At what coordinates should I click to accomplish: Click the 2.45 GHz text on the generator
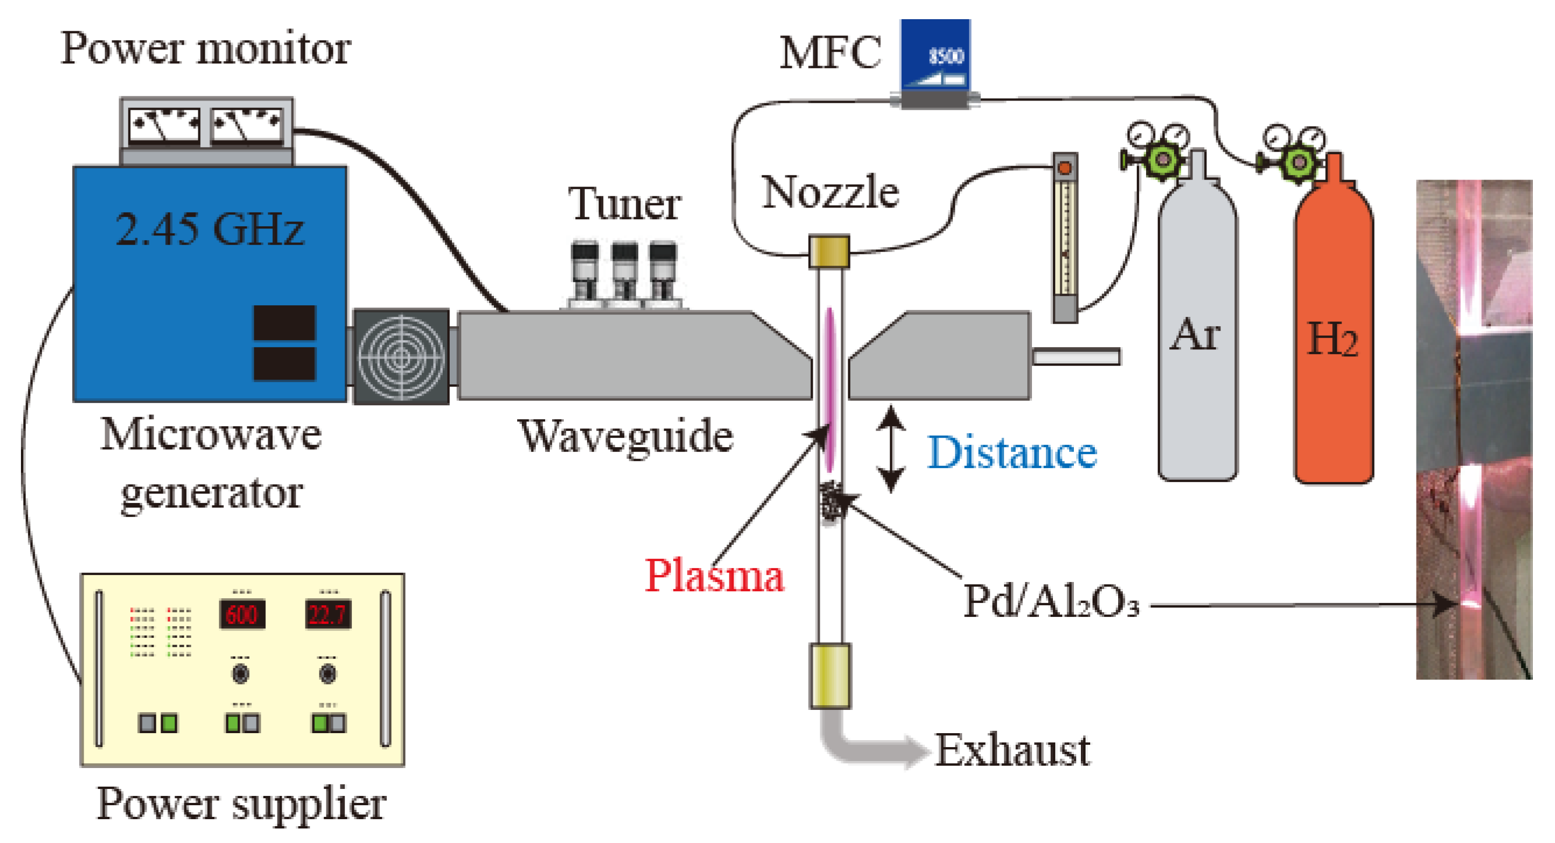pyautogui.click(x=209, y=230)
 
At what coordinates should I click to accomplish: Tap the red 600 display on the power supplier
pyautogui.click(x=241, y=615)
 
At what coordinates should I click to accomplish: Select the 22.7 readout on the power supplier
pyautogui.click(x=328, y=615)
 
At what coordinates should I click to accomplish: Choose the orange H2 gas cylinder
pyautogui.click(x=1333, y=338)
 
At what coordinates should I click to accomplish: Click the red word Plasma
pyautogui.click(x=714, y=576)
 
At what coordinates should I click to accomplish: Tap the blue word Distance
pyautogui.click(x=1012, y=452)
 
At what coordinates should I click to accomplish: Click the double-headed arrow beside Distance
pyautogui.click(x=891, y=448)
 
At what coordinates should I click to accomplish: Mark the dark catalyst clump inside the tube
pyautogui.click(x=831, y=501)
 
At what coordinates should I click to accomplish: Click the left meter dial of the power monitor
pyautogui.click(x=164, y=126)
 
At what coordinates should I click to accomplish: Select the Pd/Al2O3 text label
pyautogui.click(x=1051, y=602)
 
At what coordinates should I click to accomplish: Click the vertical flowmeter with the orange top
pyautogui.click(x=1065, y=238)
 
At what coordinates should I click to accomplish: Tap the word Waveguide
pyautogui.click(x=625, y=436)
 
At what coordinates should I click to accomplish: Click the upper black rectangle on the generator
pyautogui.click(x=284, y=322)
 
